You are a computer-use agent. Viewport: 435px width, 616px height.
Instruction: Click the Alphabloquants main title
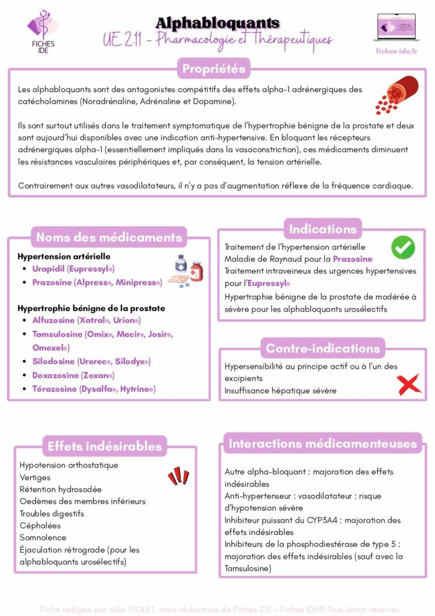(218, 23)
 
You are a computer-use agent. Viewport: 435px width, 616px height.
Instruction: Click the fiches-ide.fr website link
(395, 51)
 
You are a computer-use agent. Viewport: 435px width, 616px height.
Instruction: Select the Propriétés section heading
(213, 69)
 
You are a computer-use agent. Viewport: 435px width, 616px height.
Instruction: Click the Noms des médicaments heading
(109, 237)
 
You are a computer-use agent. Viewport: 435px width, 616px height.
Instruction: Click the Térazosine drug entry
(93, 389)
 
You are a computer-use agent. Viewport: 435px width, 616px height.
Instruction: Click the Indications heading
(323, 229)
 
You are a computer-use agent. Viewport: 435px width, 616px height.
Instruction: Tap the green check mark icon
(403, 247)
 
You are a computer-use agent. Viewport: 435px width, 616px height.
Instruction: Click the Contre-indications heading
(323, 348)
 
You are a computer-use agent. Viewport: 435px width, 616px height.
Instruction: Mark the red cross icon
(409, 384)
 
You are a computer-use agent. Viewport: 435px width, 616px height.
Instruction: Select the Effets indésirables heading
(105, 446)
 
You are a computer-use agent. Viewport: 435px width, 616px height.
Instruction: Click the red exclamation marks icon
(178, 476)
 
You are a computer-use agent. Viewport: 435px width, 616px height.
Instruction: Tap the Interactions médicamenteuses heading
(323, 444)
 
